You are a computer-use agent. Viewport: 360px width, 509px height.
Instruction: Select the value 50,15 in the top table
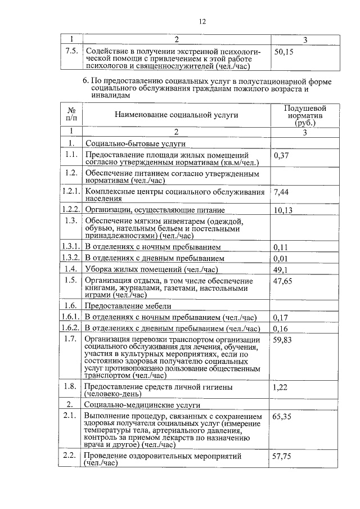click(283, 51)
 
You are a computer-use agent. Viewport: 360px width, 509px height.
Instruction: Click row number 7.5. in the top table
click(71, 51)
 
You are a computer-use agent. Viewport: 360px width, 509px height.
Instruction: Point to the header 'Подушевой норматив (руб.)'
click(305, 115)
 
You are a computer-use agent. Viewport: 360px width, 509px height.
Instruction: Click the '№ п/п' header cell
click(71, 114)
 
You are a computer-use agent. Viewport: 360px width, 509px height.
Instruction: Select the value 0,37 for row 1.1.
click(281, 155)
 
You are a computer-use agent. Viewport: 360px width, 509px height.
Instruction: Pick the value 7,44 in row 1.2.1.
click(281, 192)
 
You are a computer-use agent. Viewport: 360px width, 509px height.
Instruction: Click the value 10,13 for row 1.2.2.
click(283, 210)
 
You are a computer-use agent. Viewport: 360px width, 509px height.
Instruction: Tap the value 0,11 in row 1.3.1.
click(281, 247)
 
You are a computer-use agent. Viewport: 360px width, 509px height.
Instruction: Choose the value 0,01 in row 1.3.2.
click(281, 258)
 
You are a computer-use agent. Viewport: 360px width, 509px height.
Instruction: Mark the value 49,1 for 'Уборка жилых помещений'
click(281, 269)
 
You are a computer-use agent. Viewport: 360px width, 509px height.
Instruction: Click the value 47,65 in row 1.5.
click(283, 281)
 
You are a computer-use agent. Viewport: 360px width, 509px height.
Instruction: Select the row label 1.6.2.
click(71, 328)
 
